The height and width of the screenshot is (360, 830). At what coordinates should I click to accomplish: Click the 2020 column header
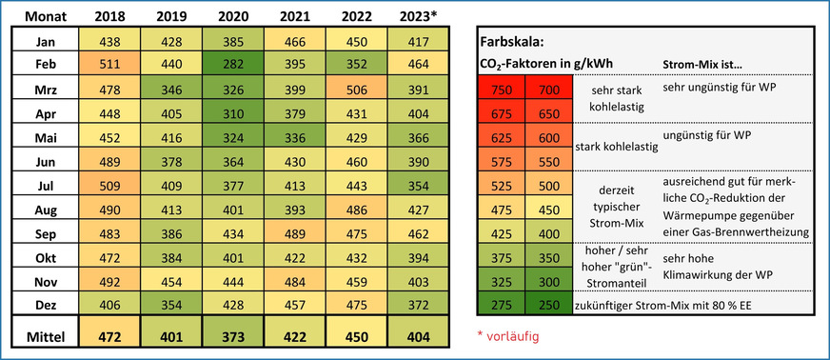pos(233,16)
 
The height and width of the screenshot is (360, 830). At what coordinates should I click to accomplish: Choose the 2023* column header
pos(420,16)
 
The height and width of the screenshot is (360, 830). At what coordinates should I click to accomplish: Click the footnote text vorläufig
pos(519,336)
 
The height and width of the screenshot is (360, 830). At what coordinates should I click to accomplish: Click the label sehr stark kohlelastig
pos(605,99)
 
